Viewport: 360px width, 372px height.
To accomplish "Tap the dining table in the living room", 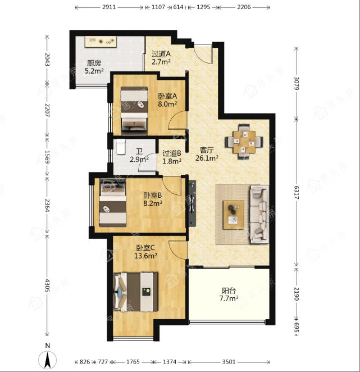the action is [244, 142].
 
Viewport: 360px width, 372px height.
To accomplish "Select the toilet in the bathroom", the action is [121, 147].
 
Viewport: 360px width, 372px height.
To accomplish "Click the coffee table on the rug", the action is [234, 215].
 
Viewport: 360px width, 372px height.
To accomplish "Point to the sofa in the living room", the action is [259, 214].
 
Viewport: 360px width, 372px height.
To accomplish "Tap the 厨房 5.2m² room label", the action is [94, 67].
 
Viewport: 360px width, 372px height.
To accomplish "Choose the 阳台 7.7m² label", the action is [229, 294].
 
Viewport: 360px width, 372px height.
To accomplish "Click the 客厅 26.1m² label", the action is [207, 154].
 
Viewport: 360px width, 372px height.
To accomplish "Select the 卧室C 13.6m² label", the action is [145, 252].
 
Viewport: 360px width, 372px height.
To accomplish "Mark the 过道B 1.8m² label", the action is [172, 157].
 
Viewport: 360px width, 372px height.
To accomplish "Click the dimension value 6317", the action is [296, 193].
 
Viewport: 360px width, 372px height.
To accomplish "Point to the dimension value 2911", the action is [109, 7].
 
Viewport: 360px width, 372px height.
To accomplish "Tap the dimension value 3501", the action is [229, 362].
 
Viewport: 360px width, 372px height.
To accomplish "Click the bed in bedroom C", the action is [136, 292].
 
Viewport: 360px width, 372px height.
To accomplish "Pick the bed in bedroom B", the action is [113, 203].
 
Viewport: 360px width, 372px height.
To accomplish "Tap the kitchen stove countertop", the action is [101, 42].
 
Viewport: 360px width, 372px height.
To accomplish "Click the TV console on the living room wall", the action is [192, 203].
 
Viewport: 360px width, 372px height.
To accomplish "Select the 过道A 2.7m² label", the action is [161, 58].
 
